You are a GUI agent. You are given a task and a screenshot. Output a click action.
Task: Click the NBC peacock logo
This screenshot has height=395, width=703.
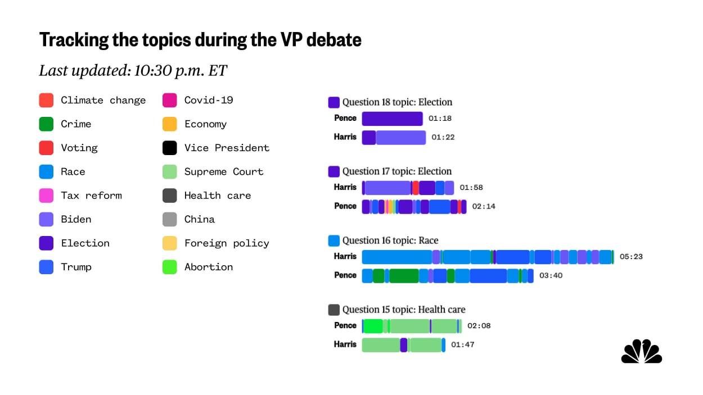(642, 352)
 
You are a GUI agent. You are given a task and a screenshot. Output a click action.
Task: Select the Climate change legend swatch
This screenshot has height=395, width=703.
(46, 101)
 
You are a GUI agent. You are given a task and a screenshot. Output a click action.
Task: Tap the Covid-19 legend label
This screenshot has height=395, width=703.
(209, 101)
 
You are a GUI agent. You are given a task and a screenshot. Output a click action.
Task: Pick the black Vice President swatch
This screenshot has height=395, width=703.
(170, 148)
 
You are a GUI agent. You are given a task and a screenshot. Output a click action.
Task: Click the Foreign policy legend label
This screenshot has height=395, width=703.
(227, 243)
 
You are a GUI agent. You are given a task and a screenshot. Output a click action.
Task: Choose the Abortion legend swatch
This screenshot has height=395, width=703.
(170, 267)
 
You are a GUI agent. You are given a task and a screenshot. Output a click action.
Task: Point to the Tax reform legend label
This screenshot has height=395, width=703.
(91, 196)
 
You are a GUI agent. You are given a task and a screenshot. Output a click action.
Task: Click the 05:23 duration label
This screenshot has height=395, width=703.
(631, 257)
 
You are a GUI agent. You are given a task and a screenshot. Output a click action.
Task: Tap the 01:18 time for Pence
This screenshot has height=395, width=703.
(440, 119)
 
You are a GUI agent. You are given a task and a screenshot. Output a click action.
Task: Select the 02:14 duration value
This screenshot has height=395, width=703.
(484, 207)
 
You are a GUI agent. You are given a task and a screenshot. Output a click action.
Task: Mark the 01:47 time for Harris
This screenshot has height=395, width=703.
(462, 345)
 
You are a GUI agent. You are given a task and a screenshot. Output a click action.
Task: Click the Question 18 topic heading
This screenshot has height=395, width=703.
(397, 102)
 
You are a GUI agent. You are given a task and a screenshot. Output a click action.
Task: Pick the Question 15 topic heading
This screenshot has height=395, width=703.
(404, 310)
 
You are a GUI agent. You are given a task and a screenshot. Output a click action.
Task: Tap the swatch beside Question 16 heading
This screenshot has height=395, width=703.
(334, 240)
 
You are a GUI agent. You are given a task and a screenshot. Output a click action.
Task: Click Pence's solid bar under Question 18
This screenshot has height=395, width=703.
(392, 119)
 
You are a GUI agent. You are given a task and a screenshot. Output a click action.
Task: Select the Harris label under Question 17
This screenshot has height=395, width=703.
(345, 188)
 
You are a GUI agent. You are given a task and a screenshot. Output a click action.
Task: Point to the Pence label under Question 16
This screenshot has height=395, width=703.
(345, 275)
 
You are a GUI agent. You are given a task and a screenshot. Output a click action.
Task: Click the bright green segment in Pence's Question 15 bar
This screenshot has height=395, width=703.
(373, 326)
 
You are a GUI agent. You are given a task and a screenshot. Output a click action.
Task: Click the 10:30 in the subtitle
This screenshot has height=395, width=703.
(150, 71)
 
